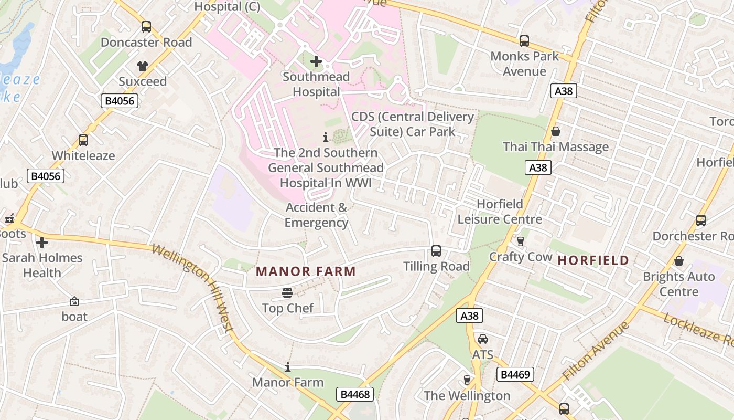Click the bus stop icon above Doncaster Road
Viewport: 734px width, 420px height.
pyautogui.click(x=146, y=27)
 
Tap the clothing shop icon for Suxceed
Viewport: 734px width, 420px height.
pyautogui.click(x=143, y=66)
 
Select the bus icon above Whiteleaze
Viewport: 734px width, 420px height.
pyautogui.click(x=83, y=140)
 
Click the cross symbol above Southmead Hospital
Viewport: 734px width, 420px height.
pyautogui.click(x=316, y=61)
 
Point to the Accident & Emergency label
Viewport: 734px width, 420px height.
pyautogui.click(x=316, y=215)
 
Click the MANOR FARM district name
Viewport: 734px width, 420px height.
pyautogui.click(x=306, y=271)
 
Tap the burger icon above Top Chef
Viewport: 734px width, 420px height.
pyautogui.click(x=287, y=292)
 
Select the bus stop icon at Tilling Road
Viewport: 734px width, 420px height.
pyautogui.click(x=436, y=251)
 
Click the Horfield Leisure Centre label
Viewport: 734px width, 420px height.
pyautogui.click(x=500, y=211)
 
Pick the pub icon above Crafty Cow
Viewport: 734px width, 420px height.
pyautogui.click(x=521, y=241)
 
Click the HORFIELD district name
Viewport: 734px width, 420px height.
pyautogui.click(x=593, y=260)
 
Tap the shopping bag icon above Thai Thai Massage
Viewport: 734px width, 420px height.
pyautogui.click(x=556, y=131)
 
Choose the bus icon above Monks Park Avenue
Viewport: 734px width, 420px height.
pyautogui.click(x=524, y=40)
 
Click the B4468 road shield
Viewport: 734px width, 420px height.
pyautogui.click(x=355, y=394)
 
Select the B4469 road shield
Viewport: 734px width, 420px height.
pyautogui.click(x=515, y=374)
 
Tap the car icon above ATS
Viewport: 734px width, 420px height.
pyautogui.click(x=482, y=339)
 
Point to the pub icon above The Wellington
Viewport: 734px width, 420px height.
pyautogui.click(x=467, y=380)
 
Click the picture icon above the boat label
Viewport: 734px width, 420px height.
pyautogui.click(x=74, y=301)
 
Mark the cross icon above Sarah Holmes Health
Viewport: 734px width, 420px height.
pyautogui.click(x=42, y=243)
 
